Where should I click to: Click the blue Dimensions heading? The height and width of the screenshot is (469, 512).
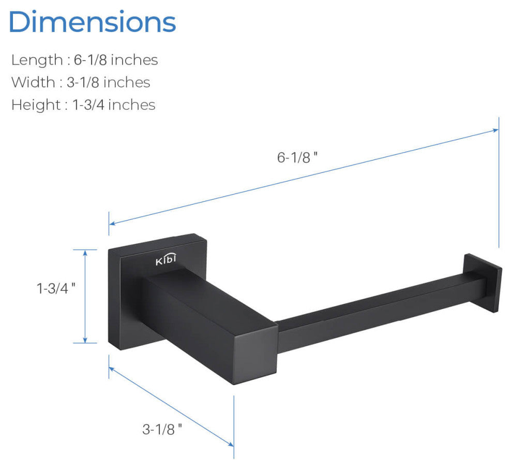(93, 22)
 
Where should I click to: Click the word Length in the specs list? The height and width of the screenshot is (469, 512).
(36, 60)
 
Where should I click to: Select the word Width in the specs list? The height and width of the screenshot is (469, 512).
(33, 82)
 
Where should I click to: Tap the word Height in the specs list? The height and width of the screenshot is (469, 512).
(36, 105)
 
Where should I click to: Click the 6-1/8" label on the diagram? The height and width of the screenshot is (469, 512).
(297, 158)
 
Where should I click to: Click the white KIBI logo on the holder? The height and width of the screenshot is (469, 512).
(166, 261)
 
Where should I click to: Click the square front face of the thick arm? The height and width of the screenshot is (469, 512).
(254, 357)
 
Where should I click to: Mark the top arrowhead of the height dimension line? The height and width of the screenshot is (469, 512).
(85, 252)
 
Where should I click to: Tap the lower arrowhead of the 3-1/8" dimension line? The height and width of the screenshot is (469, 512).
(231, 443)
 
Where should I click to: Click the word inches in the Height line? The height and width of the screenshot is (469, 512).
(132, 105)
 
